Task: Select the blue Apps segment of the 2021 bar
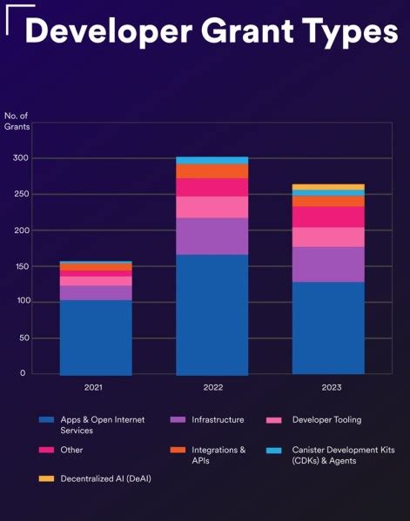[96, 337]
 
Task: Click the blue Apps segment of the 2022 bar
[212, 314]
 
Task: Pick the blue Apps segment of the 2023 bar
[327, 328]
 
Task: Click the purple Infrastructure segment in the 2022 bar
[212, 236]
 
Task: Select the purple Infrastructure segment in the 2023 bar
[327, 264]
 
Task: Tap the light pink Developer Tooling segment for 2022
[212, 207]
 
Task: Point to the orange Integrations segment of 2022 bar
[212, 171]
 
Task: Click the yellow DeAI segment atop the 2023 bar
[327, 187]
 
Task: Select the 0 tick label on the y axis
[23, 373]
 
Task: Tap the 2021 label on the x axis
[95, 387]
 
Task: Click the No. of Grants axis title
[17, 122]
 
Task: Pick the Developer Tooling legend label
[326, 420]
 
